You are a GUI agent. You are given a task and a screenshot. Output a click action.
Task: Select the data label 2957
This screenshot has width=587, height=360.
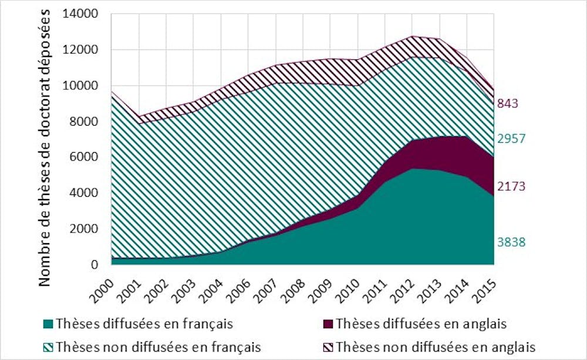(511, 139)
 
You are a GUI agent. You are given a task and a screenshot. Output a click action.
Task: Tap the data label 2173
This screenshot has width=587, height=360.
(511, 187)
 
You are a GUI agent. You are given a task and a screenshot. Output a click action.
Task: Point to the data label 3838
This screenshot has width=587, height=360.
(511, 242)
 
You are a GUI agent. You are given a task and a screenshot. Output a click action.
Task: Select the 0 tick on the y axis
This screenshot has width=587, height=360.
(97, 265)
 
